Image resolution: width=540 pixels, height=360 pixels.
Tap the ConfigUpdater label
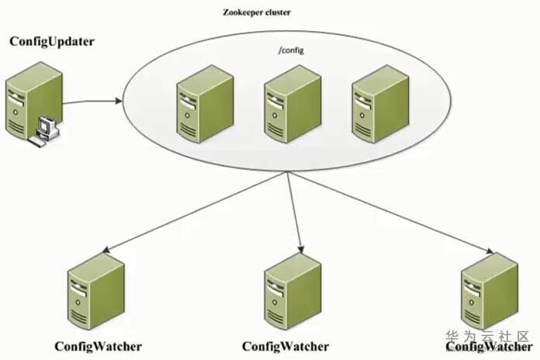pos(51,41)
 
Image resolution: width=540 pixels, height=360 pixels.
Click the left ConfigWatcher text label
pos(99,346)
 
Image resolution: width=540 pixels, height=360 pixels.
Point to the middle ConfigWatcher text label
pos(286,346)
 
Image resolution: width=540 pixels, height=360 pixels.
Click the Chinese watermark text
pos(489,337)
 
